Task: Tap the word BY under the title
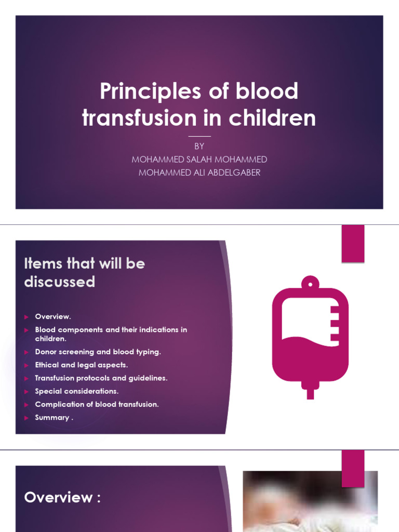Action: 199,147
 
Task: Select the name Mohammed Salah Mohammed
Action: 199,159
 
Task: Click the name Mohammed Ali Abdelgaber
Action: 199,172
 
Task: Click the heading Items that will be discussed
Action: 85,272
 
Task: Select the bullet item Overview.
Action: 52,316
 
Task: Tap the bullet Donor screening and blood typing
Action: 98,352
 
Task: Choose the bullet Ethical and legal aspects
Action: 81,365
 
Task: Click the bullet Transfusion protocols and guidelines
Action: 101,378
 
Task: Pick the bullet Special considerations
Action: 76,391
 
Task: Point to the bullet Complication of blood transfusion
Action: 97,404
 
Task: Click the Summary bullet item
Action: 54,418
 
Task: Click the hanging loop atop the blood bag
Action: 310,282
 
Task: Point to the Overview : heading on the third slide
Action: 62,497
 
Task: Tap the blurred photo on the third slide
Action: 310,501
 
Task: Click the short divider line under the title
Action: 199,136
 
